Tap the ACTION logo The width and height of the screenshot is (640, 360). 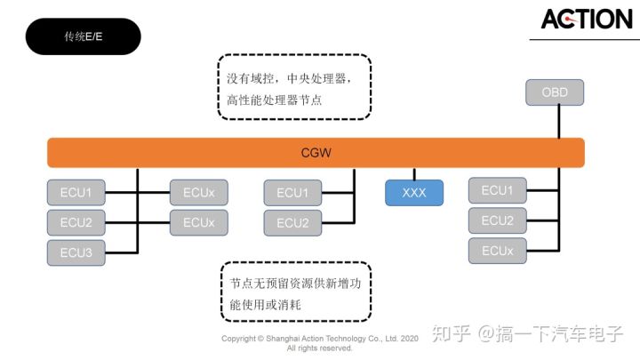tap(586, 19)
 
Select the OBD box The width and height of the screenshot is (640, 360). tap(555, 92)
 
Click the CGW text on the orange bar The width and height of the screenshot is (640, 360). tap(316, 153)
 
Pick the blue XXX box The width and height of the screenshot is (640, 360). tap(414, 193)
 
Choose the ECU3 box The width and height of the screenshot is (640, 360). tap(76, 252)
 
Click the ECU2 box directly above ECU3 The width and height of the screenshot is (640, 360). tap(76, 222)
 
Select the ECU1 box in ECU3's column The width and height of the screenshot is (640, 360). tap(76, 192)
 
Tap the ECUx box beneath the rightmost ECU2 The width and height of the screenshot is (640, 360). tap(497, 251)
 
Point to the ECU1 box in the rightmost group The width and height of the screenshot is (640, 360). tap(497, 190)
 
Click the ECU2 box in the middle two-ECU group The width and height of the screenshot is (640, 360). tap(292, 223)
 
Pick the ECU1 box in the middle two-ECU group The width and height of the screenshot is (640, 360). tap(292, 193)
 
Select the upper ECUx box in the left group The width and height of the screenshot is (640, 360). tap(198, 192)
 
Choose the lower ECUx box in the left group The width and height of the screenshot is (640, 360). tap(198, 222)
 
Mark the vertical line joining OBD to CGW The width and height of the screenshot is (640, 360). tap(559, 122)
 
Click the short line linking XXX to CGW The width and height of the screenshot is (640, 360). tap(414, 173)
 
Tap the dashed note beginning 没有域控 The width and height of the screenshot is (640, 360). tap(294, 88)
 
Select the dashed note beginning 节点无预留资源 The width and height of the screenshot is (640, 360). tap(294, 292)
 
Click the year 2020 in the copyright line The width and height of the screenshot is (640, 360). tap(409, 339)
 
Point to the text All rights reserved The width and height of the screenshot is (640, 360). tap(319, 348)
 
